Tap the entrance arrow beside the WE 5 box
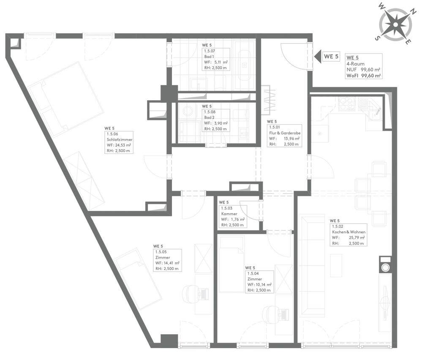pos(318,57)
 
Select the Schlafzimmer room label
pos(120,140)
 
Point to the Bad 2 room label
pos(209,117)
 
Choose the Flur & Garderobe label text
pos(285,133)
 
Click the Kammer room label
pos(229,214)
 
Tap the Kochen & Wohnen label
pos(348,232)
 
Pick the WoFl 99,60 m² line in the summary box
pos(363,76)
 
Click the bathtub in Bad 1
pos(245,65)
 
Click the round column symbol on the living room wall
pos(386,267)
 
